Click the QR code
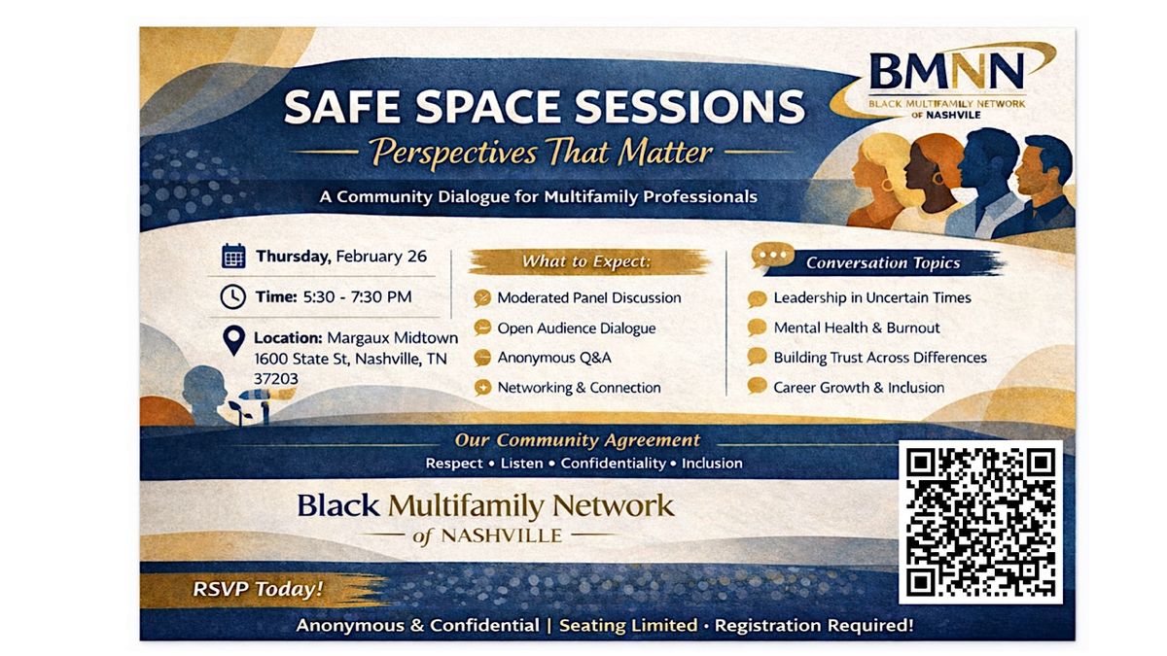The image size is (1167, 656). point(980,522)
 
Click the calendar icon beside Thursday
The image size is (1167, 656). point(233,257)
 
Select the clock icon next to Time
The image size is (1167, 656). point(232,296)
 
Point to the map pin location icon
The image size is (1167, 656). point(234,341)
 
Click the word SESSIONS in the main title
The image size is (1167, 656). point(690,107)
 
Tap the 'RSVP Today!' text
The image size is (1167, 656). point(259,589)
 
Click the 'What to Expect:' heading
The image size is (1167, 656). point(586,261)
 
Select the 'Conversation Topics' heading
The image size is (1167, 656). point(883,263)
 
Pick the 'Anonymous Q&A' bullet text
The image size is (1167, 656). point(554,358)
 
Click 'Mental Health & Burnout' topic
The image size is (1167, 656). point(857,328)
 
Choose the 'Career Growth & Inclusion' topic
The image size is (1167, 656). point(859,388)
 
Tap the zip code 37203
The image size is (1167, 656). point(276,378)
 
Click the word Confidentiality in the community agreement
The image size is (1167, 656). point(614,463)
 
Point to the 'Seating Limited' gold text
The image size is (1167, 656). point(628,625)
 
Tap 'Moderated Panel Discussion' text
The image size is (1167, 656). point(589,297)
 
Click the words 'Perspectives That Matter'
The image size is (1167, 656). point(542,153)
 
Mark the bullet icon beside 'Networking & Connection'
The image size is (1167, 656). point(483,388)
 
